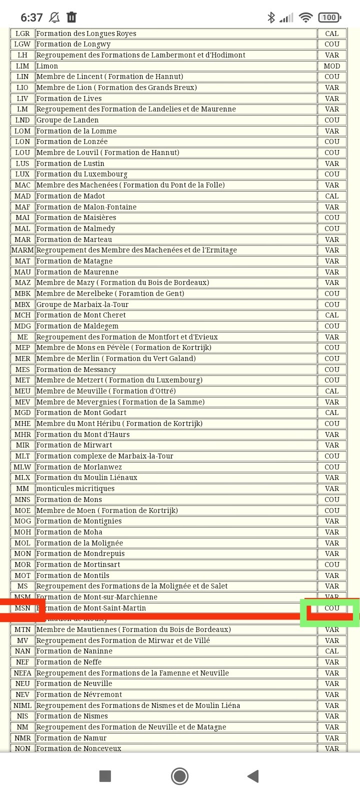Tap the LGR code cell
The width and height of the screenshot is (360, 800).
(x=22, y=33)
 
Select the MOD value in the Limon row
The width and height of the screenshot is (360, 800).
(x=331, y=66)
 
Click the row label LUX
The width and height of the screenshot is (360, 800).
(x=22, y=174)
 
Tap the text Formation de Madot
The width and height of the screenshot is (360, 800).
(x=70, y=196)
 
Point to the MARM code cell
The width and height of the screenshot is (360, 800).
(x=22, y=250)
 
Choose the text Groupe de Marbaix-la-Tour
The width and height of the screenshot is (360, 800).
(x=82, y=304)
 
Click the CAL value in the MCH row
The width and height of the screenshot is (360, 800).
(x=331, y=315)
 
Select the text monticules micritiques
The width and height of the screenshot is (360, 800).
(x=75, y=488)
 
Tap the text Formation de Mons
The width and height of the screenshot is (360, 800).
(x=69, y=499)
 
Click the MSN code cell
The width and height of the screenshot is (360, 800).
(x=22, y=608)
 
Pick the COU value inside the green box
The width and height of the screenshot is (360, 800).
(x=331, y=608)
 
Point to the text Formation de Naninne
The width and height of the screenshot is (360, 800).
(x=74, y=651)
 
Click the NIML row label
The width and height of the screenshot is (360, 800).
(x=22, y=705)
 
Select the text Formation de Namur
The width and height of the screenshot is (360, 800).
(x=71, y=738)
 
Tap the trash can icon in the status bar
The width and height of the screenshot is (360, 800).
(x=71, y=17)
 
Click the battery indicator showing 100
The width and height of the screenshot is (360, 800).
(x=329, y=17)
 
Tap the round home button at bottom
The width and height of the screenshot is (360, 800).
(x=179, y=776)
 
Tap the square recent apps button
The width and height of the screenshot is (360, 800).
(x=105, y=776)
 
